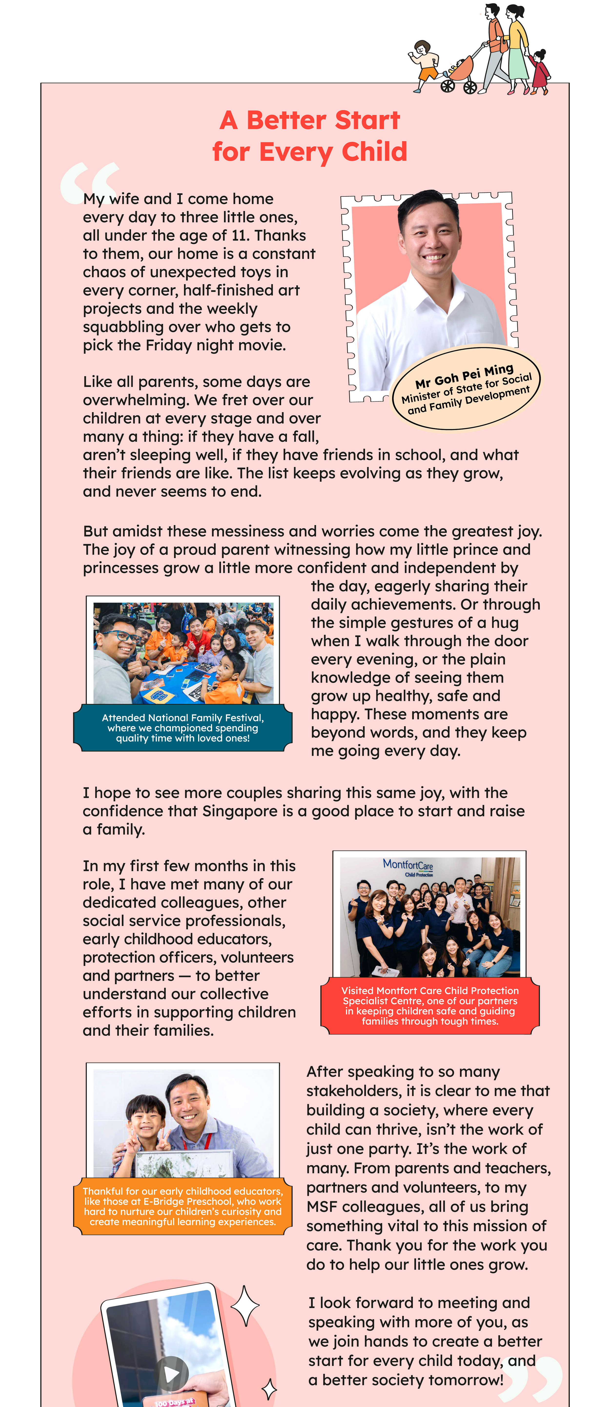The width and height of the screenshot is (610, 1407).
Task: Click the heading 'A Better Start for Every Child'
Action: point(310,135)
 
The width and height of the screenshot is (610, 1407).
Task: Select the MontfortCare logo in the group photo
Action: point(408,865)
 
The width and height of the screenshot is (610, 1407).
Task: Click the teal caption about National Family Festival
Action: point(183,728)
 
